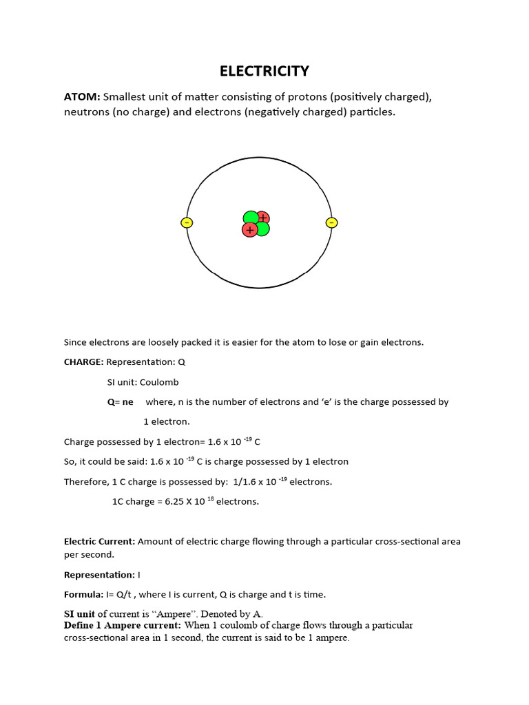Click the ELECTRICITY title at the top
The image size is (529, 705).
click(264, 72)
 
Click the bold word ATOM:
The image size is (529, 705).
click(82, 96)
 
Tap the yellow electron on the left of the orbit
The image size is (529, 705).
click(187, 222)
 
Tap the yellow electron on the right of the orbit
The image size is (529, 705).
click(331, 222)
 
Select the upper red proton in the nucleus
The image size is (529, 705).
click(262, 218)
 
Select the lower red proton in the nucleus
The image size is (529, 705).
click(249, 230)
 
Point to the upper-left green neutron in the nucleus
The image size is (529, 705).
click(250, 218)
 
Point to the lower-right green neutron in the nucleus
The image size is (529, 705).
click(262, 229)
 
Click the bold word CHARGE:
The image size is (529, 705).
click(83, 362)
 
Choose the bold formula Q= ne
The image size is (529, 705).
click(120, 402)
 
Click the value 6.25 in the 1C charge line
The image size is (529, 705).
click(175, 502)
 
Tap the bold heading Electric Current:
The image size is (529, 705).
click(99, 542)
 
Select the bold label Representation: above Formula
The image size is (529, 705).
click(99, 575)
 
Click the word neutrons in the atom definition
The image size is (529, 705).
click(85, 112)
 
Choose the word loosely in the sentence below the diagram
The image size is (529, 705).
click(149, 342)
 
